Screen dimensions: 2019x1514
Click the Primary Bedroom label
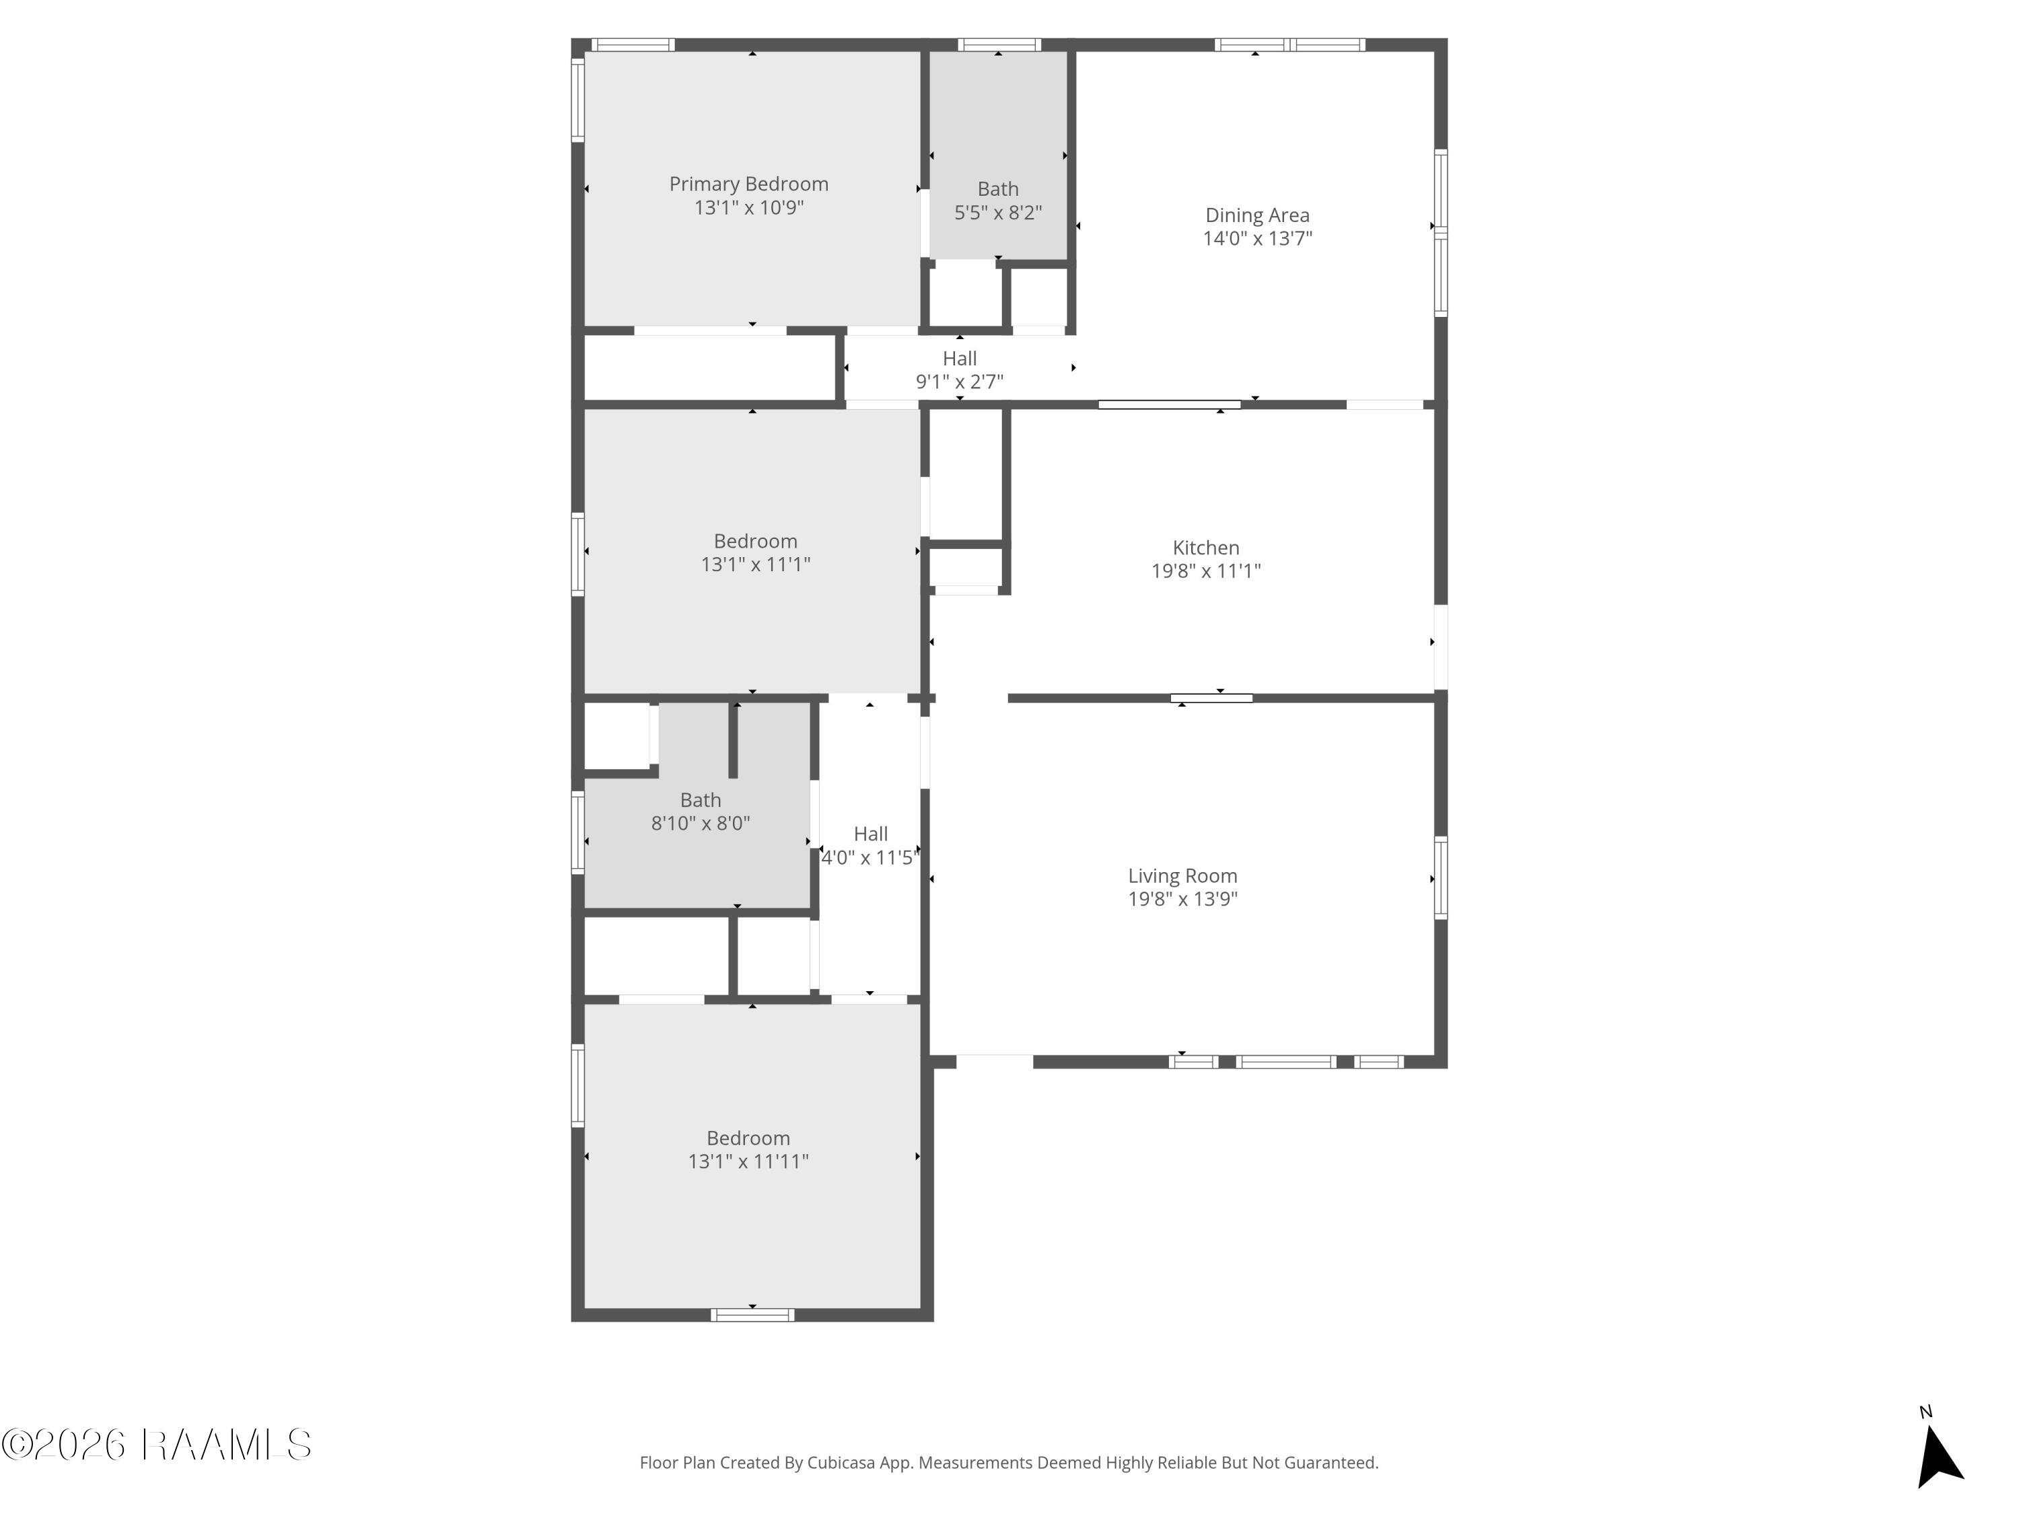coord(748,184)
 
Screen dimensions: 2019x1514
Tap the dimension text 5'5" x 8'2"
coord(997,213)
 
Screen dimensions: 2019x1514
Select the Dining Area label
coord(1257,215)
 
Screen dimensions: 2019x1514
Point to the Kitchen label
coord(1206,548)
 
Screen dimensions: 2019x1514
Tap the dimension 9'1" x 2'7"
coord(959,382)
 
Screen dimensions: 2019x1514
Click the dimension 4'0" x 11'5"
coord(870,858)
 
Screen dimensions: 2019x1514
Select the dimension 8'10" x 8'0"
coord(700,823)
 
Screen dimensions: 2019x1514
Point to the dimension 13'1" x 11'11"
coord(748,1161)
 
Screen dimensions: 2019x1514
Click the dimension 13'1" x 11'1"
coord(755,564)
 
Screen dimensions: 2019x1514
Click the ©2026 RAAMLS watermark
coord(156,1445)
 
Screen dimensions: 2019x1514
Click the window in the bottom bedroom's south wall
coord(752,1315)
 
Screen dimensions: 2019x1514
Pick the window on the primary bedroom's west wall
coord(577,100)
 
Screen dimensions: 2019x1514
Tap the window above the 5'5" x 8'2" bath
coord(999,44)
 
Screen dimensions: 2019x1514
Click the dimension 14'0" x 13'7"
coord(1257,238)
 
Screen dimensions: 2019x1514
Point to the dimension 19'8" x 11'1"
coord(1206,571)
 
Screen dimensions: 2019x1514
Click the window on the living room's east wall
coord(1440,878)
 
